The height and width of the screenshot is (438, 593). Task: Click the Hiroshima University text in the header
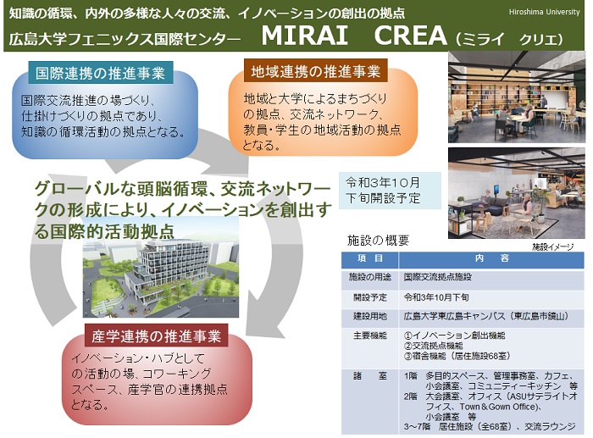coord(544,12)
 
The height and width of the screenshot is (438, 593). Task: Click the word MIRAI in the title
coord(304,36)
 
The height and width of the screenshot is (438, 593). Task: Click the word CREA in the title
coord(411,36)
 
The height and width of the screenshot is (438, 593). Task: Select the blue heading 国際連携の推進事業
coord(100,73)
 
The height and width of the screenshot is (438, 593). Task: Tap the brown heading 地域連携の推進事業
coord(316,70)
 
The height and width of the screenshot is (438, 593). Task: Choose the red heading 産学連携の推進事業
coord(156,335)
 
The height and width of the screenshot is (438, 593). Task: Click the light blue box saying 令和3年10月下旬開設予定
coord(390,191)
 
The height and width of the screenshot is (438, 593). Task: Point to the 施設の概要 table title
coord(378,241)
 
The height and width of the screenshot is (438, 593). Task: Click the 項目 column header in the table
coord(370,258)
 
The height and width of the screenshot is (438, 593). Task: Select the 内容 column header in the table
coord(491,258)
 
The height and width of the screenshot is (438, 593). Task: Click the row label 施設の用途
coord(370,277)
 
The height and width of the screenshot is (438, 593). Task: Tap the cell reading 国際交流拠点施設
coord(438,277)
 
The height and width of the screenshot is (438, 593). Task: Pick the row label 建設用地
coord(370,316)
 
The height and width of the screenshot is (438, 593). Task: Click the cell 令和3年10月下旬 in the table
coord(436,297)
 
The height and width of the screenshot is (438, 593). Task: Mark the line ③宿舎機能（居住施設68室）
coord(457,356)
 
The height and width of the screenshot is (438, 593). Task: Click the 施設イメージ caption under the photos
coord(553,247)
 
